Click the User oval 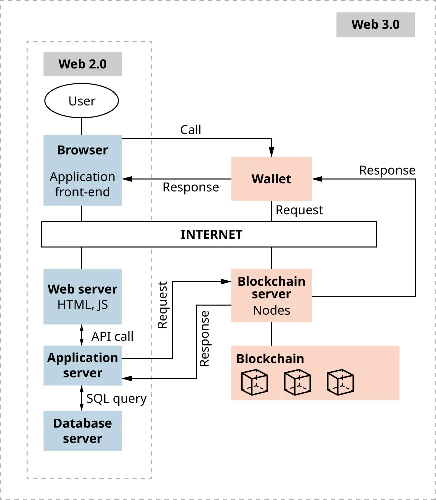click(x=82, y=101)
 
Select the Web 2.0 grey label click(x=82, y=64)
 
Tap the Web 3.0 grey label click(x=375, y=25)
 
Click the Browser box click(x=82, y=170)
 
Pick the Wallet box click(x=271, y=179)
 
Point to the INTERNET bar click(x=209, y=235)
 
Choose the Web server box click(x=82, y=296)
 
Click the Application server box click(x=82, y=365)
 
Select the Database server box click(x=82, y=431)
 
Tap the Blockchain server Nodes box click(x=271, y=295)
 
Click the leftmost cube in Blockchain click(x=255, y=383)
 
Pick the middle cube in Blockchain click(x=297, y=383)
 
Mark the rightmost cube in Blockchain click(x=340, y=383)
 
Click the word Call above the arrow click(x=190, y=130)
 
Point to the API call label click(x=112, y=336)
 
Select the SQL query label click(x=116, y=398)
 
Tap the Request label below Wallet click(x=299, y=210)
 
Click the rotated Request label click(x=163, y=305)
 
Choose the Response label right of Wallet click(x=387, y=170)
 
